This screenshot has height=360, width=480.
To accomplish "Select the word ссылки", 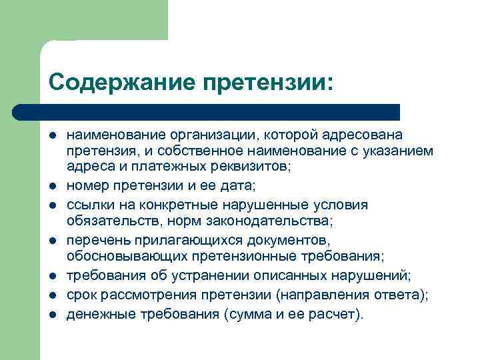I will point(87,204).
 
